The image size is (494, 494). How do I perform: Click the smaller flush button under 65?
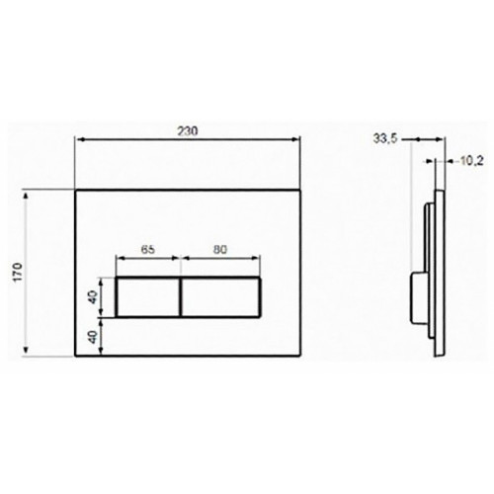click(148, 297)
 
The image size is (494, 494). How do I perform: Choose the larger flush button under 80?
click(221, 297)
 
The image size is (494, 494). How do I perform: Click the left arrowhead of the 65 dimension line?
click(121, 262)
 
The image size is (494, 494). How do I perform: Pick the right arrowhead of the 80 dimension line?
click(259, 262)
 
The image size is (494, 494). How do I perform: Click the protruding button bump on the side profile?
click(414, 296)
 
